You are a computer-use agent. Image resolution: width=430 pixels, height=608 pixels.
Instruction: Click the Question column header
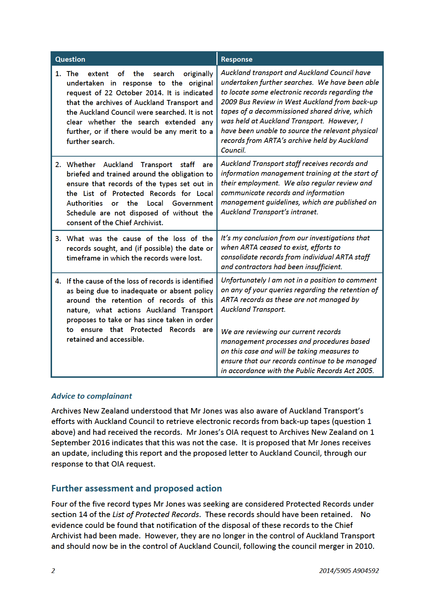(70, 60)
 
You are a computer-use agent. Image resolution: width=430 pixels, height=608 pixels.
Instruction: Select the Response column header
(237, 60)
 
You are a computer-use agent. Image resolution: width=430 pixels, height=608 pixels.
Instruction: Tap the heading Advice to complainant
(91, 396)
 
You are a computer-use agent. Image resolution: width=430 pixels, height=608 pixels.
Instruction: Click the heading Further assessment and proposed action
(137, 489)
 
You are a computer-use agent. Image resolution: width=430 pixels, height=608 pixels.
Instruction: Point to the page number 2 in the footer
(53, 571)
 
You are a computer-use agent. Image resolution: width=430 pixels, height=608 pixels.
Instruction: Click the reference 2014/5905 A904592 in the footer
(349, 571)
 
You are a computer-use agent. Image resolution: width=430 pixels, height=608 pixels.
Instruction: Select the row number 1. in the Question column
(58, 74)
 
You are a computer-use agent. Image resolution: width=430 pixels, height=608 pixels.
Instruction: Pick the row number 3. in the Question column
(58, 239)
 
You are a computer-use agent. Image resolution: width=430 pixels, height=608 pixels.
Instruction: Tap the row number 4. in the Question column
(58, 281)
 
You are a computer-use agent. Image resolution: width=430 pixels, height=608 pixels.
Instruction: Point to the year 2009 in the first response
(229, 102)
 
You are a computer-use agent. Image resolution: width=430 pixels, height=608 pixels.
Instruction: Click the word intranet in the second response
(304, 212)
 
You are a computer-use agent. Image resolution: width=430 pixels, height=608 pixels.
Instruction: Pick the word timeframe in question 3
(83, 258)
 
